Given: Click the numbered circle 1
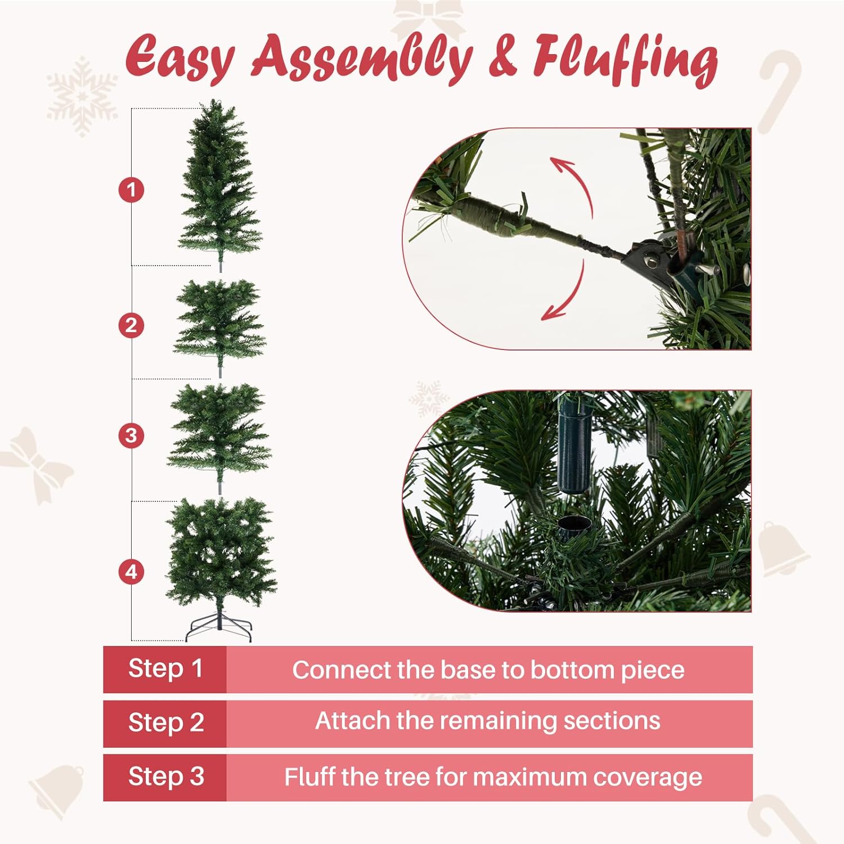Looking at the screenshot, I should pos(131,190).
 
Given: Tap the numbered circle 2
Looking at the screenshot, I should pos(131,325).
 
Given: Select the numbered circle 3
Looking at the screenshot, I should pos(131,436).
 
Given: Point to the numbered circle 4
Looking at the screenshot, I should pos(131,572).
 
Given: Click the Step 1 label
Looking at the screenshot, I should pos(165,669).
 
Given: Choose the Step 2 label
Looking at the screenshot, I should pos(165,723).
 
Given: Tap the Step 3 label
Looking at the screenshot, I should pos(165,777).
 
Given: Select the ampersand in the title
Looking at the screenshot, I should pos(502,58).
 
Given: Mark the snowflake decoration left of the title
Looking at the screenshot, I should pos(82,96).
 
